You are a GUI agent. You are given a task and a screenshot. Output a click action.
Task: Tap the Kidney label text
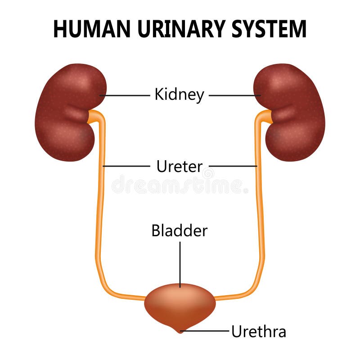tap(179, 95)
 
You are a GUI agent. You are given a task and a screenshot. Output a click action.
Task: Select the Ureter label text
tap(179, 166)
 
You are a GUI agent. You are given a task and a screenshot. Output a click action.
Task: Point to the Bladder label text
tap(179, 230)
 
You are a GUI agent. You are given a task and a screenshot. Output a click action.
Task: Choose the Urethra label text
tap(258, 332)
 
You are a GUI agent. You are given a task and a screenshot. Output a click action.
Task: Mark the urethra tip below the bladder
tap(180, 331)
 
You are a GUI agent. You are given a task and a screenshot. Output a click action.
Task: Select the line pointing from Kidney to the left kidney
tap(126, 95)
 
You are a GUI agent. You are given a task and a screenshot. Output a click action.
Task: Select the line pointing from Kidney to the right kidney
tap(234, 95)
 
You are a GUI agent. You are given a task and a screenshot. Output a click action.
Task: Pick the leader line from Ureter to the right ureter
tap(233, 166)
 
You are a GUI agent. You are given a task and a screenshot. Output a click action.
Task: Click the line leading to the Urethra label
tap(207, 331)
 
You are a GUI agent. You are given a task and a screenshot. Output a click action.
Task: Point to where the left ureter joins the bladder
tap(146, 298)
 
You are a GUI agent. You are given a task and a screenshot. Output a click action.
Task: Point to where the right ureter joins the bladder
tap(214, 298)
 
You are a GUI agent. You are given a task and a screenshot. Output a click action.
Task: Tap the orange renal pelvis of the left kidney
tap(94, 117)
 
